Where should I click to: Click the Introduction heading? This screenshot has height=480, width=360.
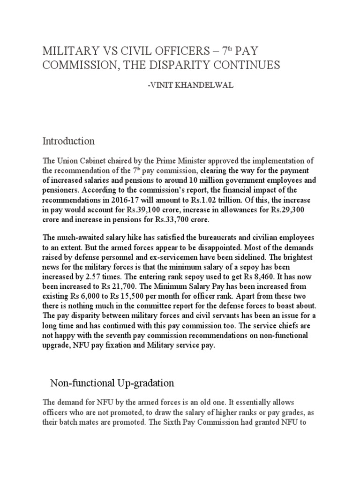[68, 141]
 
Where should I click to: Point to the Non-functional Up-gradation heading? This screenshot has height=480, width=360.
[112, 383]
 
